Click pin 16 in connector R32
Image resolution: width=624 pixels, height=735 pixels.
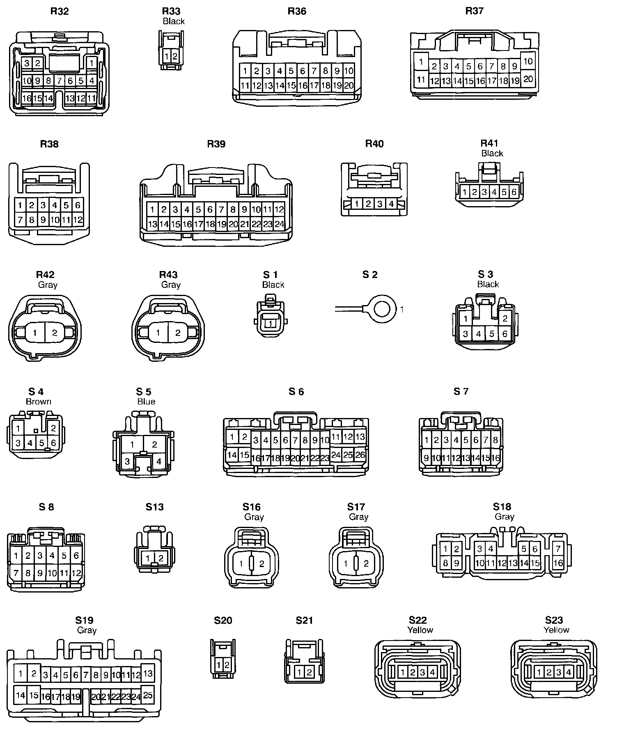(27, 99)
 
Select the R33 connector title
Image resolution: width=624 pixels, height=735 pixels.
(171, 11)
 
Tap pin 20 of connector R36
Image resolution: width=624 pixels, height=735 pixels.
(349, 85)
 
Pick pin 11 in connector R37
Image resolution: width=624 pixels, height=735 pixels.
(421, 79)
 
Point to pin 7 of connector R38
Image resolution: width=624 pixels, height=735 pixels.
(20, 220)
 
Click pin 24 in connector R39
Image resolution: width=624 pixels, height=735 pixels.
(279, 224)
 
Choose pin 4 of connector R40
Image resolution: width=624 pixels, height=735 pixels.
(391, 204)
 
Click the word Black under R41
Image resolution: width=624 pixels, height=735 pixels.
(492, 154)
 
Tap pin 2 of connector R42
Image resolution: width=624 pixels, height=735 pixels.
(55, 333)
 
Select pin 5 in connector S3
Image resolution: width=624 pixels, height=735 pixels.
(492, 334)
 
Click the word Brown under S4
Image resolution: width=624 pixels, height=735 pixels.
(39, 402)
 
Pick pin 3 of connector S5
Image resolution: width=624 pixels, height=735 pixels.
(127, 462)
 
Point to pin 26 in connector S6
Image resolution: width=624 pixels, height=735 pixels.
(360, 455)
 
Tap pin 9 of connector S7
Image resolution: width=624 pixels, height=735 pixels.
(427, 458)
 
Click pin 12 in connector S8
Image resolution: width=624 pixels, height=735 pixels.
(76, 572)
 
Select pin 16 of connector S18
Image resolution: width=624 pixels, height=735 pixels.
(558, 563)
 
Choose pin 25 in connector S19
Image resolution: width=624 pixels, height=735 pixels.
(148, 695)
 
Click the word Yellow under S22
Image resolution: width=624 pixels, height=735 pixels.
(420, 630)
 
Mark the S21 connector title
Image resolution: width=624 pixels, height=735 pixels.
(304, 620)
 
